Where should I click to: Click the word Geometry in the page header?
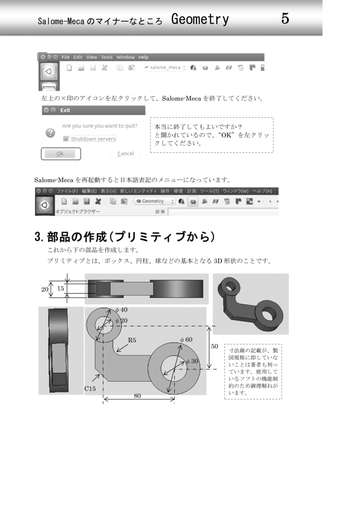[x=200, y=20]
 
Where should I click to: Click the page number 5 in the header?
[x=285, y=19]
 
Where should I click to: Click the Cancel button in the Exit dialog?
[x=125, y=154]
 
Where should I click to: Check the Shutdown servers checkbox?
[x=66, y=139]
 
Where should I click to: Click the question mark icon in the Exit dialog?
[x=50, y=133]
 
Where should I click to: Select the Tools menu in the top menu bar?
[x=107, y=57]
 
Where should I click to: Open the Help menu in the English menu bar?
[x=143, y=57]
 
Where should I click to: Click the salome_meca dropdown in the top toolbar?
[x=164, y=68]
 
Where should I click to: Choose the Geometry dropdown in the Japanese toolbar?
[x=155, y=201]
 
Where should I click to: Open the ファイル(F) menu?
[x=67, y=191]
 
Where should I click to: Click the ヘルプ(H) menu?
[x=262, y=191]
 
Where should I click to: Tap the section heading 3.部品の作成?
[x=125, y=237]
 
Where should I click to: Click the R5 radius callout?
[x=132, y=340]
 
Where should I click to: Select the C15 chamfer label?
[x=90, y=389]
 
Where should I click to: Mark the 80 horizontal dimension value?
[x=137, y=396]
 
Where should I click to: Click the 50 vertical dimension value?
[x=214, y=346]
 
